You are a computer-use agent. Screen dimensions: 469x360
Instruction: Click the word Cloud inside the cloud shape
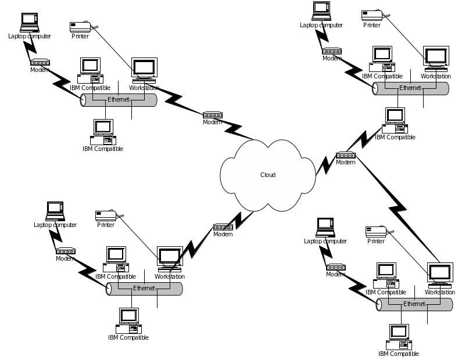tap(268, 175)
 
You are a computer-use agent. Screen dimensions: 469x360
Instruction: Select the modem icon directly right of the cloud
tap(346, 155)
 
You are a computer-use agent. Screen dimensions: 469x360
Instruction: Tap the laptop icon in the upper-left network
tap(29, 23)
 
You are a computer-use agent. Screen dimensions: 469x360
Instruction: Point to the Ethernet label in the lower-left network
tap(144, 288)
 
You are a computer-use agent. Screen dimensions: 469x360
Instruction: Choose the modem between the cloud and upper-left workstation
tap(213, 115)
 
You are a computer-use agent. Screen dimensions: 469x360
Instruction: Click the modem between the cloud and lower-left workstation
tap(223, 227)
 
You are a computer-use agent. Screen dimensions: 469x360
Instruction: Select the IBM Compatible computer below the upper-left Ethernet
tap(103, 132)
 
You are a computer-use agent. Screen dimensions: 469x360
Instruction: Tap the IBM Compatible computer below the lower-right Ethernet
tap(399, 337)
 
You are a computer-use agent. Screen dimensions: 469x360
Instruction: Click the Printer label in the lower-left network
tap(106, 225)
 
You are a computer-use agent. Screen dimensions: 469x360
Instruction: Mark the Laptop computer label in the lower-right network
tap(325, 241)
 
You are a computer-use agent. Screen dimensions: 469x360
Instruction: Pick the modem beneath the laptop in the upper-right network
tap(332, 51)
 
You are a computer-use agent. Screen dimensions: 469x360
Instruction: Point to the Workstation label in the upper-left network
tap(144, 88)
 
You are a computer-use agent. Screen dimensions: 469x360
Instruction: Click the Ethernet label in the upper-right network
tap(410, 88)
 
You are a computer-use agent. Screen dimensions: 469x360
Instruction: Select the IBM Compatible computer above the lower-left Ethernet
tap(116, 260)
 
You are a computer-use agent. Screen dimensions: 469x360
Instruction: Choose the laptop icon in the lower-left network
tap(55, 211)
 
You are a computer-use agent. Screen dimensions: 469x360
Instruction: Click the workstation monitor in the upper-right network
tap(436, 59)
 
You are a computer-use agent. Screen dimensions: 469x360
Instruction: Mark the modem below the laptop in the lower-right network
tap(335, 267)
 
